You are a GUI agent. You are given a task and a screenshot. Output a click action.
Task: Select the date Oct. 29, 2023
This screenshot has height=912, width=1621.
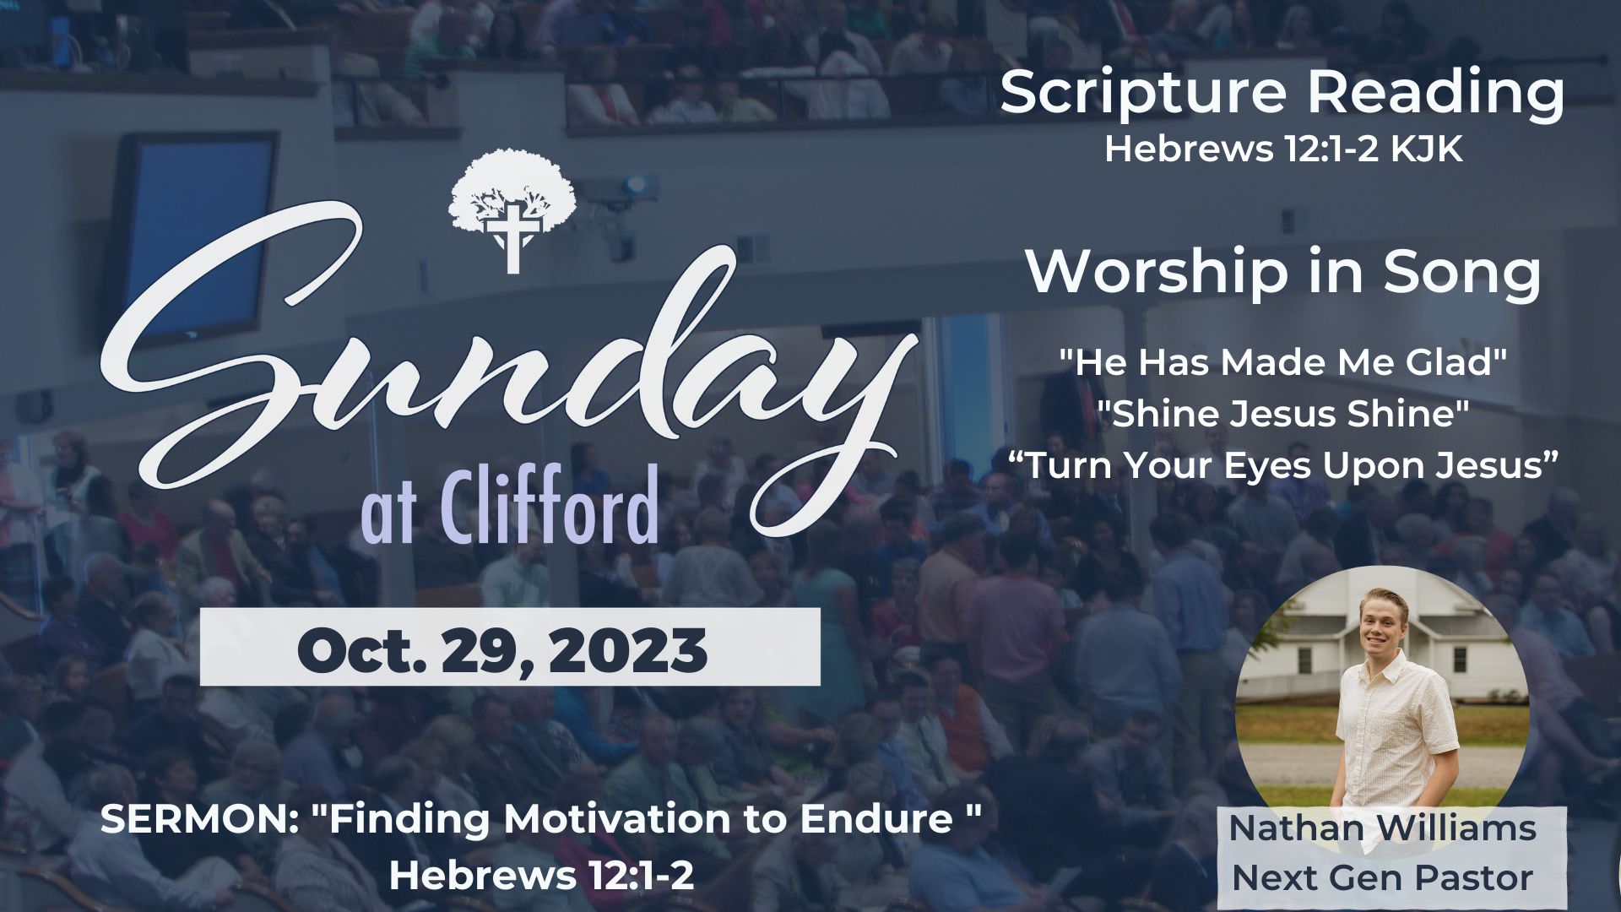tap(502, 650)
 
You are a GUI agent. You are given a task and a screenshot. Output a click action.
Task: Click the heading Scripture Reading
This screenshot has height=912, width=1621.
tap(1282, 94)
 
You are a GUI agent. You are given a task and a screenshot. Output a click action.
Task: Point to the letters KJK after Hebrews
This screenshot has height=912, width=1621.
tap(1427, 150)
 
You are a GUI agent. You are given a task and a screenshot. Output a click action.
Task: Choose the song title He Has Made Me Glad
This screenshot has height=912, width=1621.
tap(1283, 363)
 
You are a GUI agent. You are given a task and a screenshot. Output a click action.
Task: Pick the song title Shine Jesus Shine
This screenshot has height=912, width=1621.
tap(1283, 415)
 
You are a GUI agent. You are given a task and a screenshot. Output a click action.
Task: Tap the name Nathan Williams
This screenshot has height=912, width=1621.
tap(1382, 828)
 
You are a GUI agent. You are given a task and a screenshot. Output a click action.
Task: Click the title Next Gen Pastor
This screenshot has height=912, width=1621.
tap(1382, 878)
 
